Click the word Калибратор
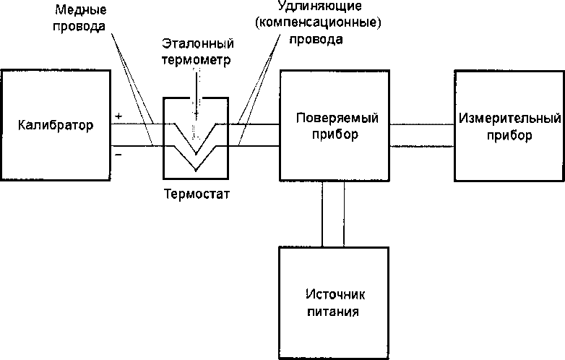(x=56, y=126)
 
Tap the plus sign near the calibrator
(x=118, y=116)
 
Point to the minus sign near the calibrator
(x=118, y=155)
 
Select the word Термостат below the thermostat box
(x=197, y=194)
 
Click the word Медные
(x=80, y=9)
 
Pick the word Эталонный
(x=198, y=43)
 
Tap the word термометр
(x=197, y=60)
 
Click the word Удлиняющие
(x=319, y=6)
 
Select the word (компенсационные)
(x=318, y=22)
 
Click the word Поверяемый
(x=337, y=118)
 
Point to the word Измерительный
(x=510, y=119)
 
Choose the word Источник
(x=335, y=294)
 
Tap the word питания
(x=333, y=312)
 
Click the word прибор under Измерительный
(x=509, y=136)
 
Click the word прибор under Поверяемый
(x=335, y=134)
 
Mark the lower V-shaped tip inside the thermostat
(x=196, y=170)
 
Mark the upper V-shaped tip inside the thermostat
(x=196, y=153)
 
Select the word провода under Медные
(x=79, y=26)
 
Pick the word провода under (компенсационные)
(x=316, y=39)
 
